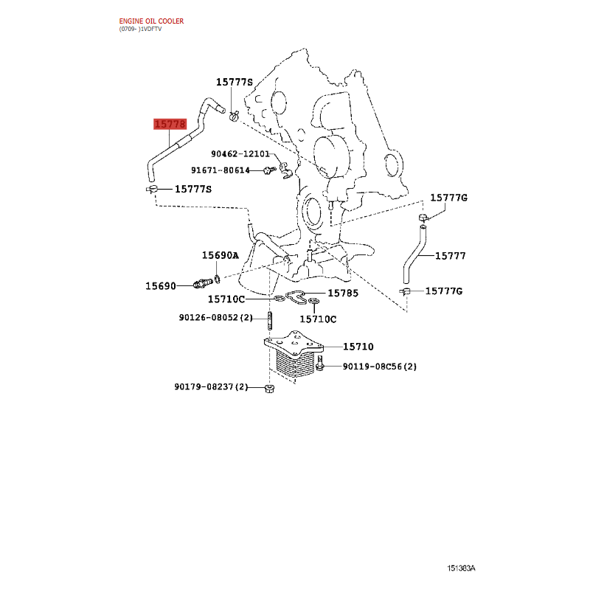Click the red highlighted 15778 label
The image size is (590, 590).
170,124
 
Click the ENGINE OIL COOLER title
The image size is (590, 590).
151,21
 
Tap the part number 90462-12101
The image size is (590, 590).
240,154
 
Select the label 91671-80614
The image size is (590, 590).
220,170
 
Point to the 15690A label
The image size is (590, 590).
221,255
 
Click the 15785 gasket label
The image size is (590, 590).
343,293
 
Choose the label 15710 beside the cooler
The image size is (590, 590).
358,347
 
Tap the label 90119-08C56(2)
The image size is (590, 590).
379,367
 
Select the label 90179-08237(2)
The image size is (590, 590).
211,386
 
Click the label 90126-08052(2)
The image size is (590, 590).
215,318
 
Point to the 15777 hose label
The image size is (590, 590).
451,256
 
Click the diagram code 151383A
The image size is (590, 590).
461,568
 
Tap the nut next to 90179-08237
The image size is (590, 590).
269,389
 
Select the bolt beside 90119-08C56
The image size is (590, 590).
320,363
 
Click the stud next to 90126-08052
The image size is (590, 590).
270,320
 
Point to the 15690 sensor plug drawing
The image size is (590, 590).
204,283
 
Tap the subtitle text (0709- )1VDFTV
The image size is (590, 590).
140,29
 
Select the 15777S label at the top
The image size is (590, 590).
235,82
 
